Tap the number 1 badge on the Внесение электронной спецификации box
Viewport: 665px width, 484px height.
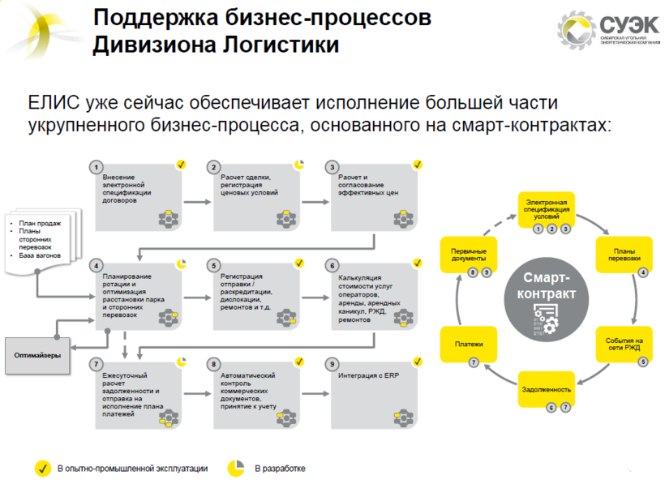point(96,167)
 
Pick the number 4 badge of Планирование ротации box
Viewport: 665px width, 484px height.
point(96,265)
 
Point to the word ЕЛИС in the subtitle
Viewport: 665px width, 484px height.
point(50,104)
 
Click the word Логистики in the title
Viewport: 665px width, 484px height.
point(281,44)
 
